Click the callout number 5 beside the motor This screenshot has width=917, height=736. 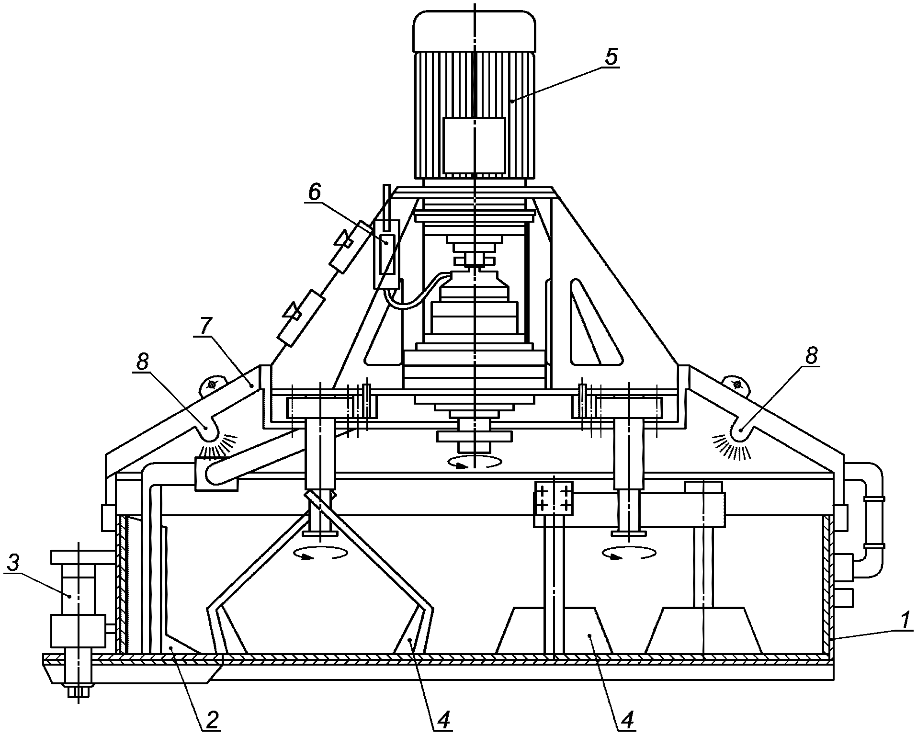pos(611,57)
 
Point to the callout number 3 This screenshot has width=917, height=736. pos(14,565)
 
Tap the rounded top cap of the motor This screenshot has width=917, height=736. pos(474,29)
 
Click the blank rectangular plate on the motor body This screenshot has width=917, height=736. pos(474,147)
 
